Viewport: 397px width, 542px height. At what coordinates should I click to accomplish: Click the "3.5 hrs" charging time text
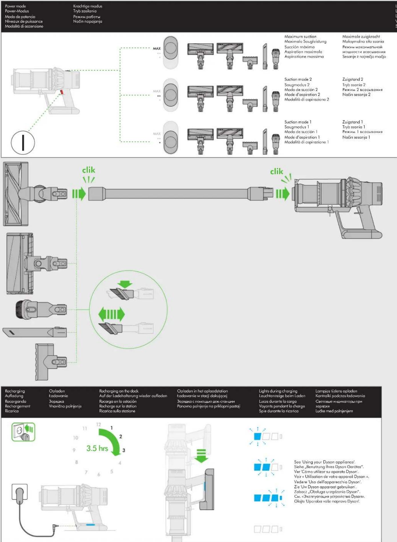pyautogui.click(x=97, y=448)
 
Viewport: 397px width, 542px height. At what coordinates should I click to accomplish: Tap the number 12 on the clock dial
pyautogui.click(x=99, y=424)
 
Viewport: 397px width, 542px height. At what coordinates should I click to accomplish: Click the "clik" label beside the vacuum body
pyautogui.click(x=277, y=171)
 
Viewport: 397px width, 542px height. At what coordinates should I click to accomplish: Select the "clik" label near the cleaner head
pyautogui.click(x=89, y=170)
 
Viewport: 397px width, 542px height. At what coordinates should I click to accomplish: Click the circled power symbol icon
pyautogui.click(x=23, y=142)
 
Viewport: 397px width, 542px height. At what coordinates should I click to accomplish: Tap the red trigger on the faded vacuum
pyautogui.click(x=61, y=92)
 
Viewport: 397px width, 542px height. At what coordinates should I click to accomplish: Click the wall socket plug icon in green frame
pyautogui.click(x=23, y=432)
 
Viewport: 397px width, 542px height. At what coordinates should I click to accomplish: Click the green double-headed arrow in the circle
pyautogui.click(x=111, y=315)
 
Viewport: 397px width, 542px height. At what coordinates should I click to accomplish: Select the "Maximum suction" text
pyautogui.click(x=300, y=37)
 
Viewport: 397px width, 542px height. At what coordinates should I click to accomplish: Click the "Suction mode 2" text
pyautogui.click(x=298, y=79)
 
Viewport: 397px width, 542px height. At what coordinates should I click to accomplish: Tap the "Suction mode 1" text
pyautogui.click(x=298, y=122)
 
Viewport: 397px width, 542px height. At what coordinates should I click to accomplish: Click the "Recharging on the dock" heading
pyautogui.click(x=119, y=391)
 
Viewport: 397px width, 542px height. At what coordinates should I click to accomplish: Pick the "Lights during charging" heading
pyautogui.click(x=278, y=391)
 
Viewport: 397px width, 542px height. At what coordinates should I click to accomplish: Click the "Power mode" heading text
pyautogui.click(x=15, y=6)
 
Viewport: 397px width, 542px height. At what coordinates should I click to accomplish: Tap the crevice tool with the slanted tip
pyautogui.click(x=35, y=332)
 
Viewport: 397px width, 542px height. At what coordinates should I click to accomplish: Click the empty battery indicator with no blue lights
pyautogui.click(x=268, y=529)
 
